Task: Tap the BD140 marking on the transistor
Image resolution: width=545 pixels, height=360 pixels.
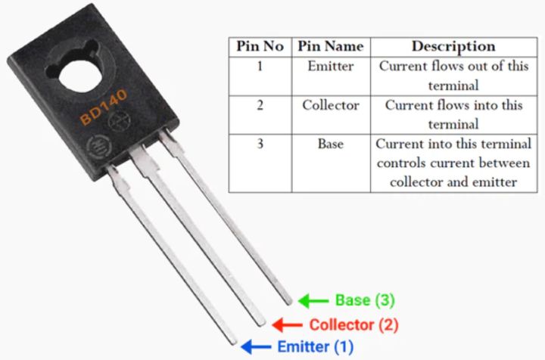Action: pos(104,107)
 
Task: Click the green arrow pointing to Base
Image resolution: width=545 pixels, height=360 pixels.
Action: pos(312,300)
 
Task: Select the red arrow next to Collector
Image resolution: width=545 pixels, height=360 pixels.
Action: pos(287,325)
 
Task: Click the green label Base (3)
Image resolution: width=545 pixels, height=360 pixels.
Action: pos(365,300)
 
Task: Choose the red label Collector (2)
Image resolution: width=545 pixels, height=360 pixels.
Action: pos(353,325)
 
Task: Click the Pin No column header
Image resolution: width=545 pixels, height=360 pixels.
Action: pos(260,46)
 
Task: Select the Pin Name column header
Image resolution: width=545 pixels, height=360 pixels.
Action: pos(330,46)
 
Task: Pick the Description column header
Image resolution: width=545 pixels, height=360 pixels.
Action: pos(453,46)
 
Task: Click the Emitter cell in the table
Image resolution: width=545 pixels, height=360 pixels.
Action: pos(330,66)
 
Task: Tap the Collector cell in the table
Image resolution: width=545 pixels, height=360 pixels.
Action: pos(330,105)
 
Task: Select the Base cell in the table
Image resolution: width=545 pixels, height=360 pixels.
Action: pos(330,144)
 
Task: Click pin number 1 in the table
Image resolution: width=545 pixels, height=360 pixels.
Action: pos(260,66)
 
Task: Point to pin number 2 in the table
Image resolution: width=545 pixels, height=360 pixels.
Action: pos(260,105)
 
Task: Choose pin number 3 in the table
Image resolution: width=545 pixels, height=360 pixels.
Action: pos(260,144)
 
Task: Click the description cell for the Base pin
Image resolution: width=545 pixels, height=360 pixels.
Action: pos(453,163)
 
